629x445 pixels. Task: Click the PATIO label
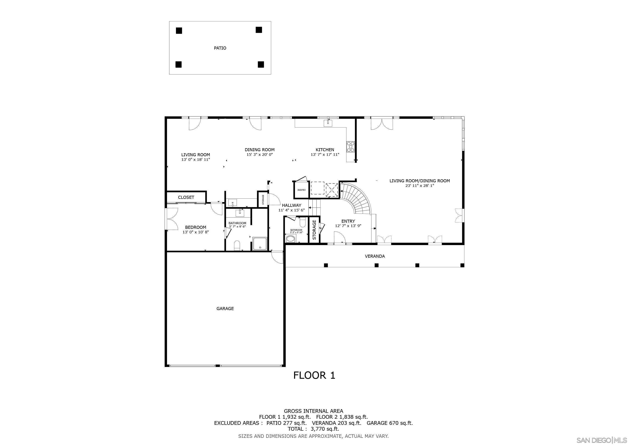[x=220, y=48]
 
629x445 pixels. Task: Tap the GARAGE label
[x=225, y=309]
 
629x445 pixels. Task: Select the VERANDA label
[x=375, y=256]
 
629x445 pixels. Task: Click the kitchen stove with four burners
[x=350, y=147]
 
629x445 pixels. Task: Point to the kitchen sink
[x=328, y=123]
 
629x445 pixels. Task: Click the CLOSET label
[x=186, y=197]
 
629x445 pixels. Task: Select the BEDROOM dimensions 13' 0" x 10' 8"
[x=196, y=232]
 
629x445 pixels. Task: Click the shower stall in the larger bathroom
[x=259, y=244]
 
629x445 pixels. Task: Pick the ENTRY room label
[x=348, y=221]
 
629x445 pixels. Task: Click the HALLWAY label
[x=291, y=205]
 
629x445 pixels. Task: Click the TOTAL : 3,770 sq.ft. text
[x=313, y=429]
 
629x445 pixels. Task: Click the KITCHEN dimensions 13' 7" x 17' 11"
[x=325, y=154]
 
